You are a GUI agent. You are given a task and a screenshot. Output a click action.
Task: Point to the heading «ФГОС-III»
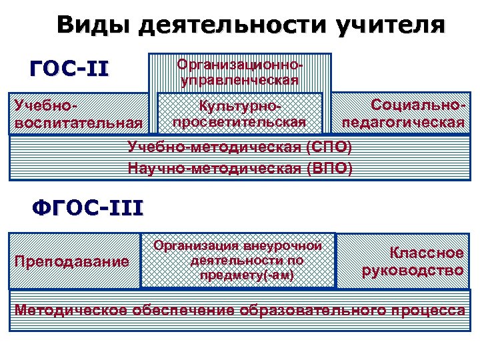point(87,208)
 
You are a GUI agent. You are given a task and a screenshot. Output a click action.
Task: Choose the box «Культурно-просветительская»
point(239,114)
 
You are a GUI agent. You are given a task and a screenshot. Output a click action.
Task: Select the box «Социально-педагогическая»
point(403,114)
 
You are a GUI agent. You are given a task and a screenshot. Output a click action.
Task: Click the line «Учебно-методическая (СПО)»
point(239,147)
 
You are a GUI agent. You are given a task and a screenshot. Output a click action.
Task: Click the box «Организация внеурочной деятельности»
point(238,260)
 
